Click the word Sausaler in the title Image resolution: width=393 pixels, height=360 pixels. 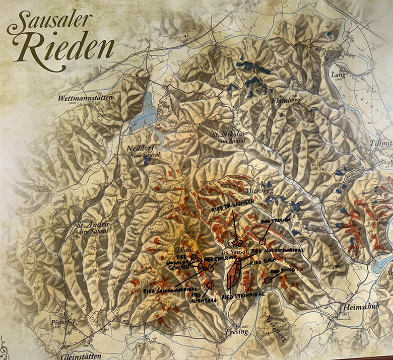click(49, 22)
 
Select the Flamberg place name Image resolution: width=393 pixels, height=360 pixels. click(286, 101)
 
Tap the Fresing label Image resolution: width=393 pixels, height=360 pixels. click(237, 331)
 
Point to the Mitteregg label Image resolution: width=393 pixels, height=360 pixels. click(258, 192)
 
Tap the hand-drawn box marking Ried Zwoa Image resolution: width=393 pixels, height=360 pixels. click(267, 278)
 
